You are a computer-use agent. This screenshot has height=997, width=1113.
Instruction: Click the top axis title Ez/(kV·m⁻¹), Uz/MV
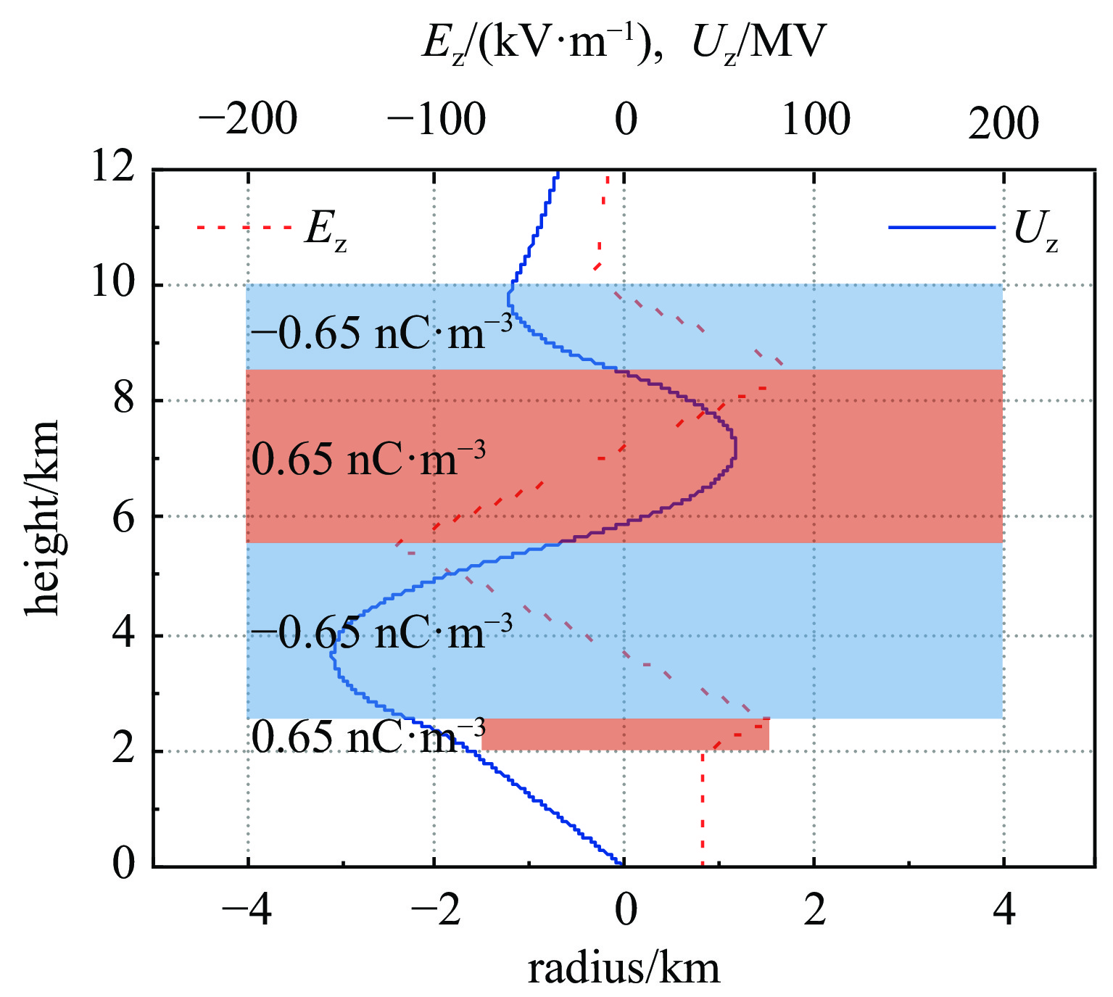624,44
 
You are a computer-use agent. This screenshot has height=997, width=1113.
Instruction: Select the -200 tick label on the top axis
247,119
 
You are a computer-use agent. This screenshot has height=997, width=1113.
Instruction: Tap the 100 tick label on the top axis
815,119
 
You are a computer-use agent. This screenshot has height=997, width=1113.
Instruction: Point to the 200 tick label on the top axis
1004,123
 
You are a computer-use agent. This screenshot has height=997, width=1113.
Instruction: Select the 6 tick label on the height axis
123,516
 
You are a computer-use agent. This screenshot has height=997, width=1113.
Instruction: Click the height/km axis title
42,517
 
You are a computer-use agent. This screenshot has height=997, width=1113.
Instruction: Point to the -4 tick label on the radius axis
247,911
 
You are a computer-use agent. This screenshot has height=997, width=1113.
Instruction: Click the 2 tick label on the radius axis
815,911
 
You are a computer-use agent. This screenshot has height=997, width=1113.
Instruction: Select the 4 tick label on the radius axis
1004,911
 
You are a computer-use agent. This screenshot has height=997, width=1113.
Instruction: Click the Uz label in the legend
1036,231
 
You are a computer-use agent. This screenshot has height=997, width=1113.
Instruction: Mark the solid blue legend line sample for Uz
942,228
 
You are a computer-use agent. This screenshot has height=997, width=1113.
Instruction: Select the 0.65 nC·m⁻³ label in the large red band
368,458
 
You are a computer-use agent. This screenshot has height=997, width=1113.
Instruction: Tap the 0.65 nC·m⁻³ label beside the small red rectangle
368,737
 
